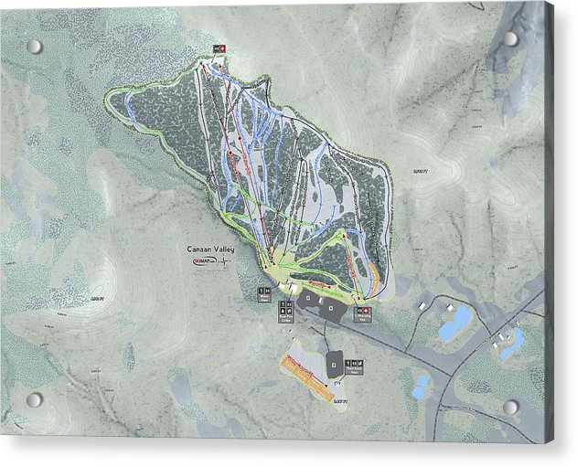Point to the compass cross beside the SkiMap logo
coord(224,261)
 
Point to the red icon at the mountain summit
coord(221,48)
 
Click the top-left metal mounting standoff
coord(34,46)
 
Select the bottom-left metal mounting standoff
coord(34,399)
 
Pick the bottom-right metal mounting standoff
coord(510,406)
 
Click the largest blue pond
coord(454,323)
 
